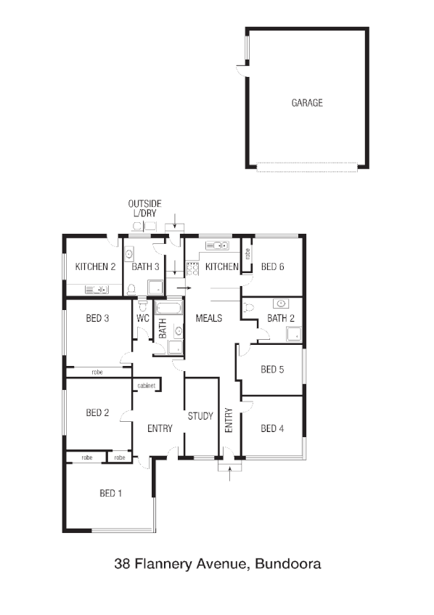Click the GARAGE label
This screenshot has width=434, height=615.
(x=307, y=103)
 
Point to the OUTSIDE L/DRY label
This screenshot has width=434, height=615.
(x=144, y=209)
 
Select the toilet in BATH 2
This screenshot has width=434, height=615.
(x=250, y=307)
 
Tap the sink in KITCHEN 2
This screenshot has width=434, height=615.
(x=96, y=289)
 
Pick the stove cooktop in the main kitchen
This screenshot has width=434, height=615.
(x=192, y=267)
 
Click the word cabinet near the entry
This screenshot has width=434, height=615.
(x=146, y=386)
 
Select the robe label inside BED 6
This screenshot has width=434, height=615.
(x=247, y=255)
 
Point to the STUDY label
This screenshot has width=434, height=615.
(x=200, y=416)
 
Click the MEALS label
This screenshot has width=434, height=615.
(x=208, y=319)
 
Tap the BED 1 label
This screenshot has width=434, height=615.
(x=111, y=494)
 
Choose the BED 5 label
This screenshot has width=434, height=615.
(x=271, y=370)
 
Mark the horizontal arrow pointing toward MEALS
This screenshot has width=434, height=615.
(x=184, y=288)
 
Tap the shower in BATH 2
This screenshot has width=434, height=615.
(x=294, y=334)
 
